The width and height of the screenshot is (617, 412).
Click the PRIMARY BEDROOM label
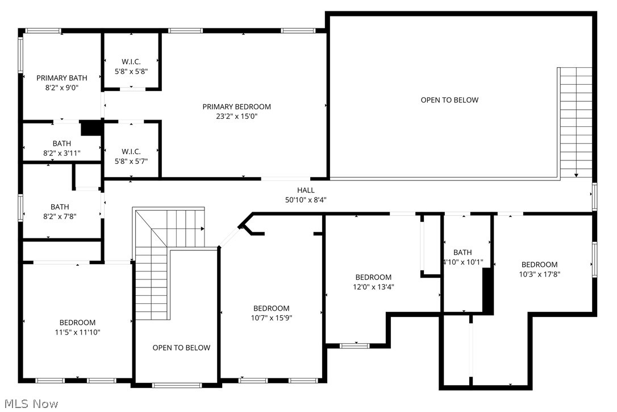236,106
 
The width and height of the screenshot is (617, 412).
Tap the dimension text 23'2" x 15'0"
236,116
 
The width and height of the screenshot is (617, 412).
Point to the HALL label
305,190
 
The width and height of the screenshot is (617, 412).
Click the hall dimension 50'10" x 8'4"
305,200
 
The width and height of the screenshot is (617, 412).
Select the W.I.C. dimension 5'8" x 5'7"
131,161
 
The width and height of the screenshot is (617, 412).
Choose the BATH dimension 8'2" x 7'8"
60,216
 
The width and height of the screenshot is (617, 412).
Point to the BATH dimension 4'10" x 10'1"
462,262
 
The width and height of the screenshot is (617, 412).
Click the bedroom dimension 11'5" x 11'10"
77,332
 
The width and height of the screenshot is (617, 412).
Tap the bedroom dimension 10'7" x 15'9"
271,318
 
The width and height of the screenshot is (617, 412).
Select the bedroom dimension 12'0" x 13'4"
373,287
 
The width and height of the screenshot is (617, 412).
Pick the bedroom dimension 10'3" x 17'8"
539,274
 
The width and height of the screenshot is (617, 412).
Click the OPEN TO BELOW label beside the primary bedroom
449,100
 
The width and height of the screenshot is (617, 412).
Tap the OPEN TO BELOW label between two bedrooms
181,348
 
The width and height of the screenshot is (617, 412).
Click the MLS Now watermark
30,404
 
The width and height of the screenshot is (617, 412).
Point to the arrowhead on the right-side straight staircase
576,175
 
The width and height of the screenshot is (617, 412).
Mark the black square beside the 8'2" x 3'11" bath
90,128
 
